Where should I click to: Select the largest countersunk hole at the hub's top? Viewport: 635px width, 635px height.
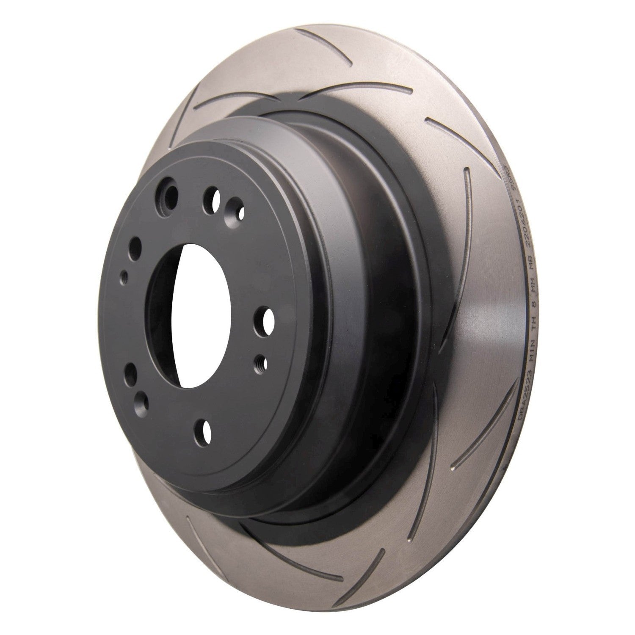tap(168, 195)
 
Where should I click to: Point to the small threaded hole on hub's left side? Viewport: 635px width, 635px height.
tap(124, 277)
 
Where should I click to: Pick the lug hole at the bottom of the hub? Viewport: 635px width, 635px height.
tap(205, 431)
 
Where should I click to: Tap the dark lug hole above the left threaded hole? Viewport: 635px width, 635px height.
tap(135, 246)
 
